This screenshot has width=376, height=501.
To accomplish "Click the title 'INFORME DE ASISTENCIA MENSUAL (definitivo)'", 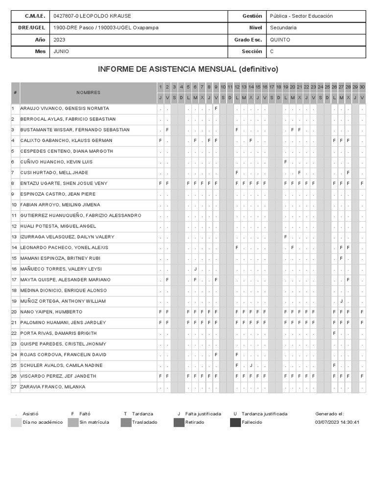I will tap(188, 69).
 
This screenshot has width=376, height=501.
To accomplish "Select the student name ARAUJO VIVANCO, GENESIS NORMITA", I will tap(64, 109).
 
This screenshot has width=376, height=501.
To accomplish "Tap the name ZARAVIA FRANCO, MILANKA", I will tap(52, 387).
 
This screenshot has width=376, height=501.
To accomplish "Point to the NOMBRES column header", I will tap(88, 92).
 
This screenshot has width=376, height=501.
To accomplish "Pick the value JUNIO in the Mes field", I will tap(61, 51).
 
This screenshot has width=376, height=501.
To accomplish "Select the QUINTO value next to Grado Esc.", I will tap(280, 40).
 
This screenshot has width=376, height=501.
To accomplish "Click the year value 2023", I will tap(60, 40).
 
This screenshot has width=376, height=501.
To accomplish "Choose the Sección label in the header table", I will tap(252, 51).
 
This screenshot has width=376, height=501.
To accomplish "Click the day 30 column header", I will tap(362, 87).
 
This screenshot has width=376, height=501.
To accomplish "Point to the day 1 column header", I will tap(160, 87).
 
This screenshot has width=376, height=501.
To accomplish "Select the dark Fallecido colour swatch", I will tap(235, 422).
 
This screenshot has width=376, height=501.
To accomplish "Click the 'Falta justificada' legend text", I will tap(203, 414).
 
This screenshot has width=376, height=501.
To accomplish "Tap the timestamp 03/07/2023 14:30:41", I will tap(338, 422).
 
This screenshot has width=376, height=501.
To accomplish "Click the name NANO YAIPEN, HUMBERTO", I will tap(51, 312).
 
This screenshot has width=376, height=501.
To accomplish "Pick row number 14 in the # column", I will tap(14, 248).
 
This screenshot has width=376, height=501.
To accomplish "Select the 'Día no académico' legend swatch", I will tap(16, 422).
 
